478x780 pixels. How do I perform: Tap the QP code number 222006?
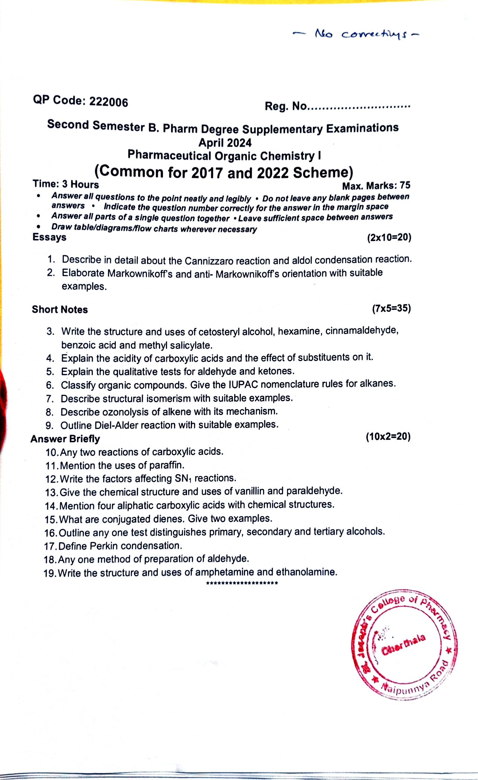pos(109,102)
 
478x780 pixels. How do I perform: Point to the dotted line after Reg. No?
pos(359,108)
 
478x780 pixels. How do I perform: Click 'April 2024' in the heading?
pos(225,143)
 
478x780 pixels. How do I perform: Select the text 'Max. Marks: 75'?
pos(376,185)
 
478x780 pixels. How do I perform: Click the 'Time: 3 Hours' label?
pos(66,184)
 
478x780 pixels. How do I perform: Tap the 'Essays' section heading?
pos(49,237)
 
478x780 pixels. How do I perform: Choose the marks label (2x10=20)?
pos(389,237)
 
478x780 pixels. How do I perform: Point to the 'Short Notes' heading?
pos(60,310)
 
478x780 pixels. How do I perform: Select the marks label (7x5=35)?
pos(391,308)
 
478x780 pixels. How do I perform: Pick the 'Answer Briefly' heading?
pos(65,439)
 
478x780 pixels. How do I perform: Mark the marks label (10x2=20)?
pos(388,436)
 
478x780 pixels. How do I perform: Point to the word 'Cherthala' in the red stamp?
pos(403,645)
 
